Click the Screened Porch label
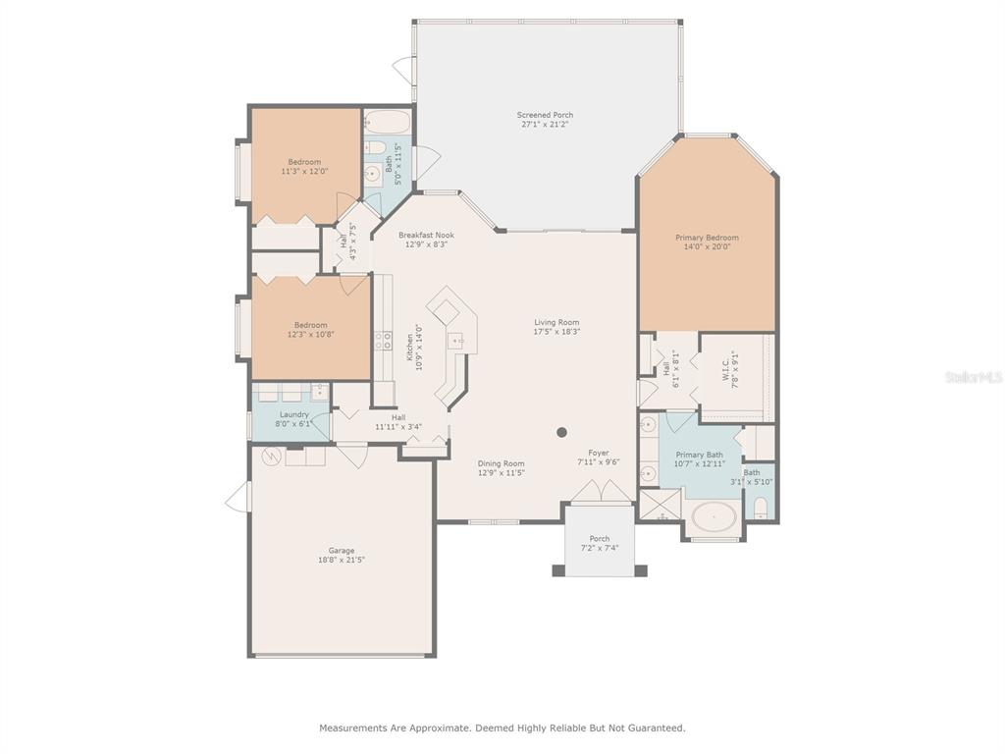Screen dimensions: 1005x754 [x=545, y=115]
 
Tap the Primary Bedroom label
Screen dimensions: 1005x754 [x=707, y=238]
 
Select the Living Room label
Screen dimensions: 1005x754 [x=557, y=322]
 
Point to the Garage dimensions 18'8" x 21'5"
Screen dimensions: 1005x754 [x=342, y=560]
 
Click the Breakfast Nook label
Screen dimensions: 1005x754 [x=426, y=236]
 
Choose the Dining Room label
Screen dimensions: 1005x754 [x=502, y=463]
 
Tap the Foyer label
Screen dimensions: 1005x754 [x=599, y=453]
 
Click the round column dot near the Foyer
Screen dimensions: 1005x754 [x=562, y=432]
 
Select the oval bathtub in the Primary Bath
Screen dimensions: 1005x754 [x=714, y=516]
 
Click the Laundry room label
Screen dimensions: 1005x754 [x=294, y=415]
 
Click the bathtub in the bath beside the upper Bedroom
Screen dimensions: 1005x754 [x=388, y=121]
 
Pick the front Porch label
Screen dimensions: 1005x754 [x=600, y=539]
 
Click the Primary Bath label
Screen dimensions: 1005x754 [x=699, y=455]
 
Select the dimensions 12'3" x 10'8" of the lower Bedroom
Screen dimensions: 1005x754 [x=311, y=334]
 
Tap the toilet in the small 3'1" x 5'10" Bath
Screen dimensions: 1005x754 [x=761, y=508]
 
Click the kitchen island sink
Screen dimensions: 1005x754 [x=455, y=340]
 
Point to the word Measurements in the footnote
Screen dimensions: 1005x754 [x=353, y=727]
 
